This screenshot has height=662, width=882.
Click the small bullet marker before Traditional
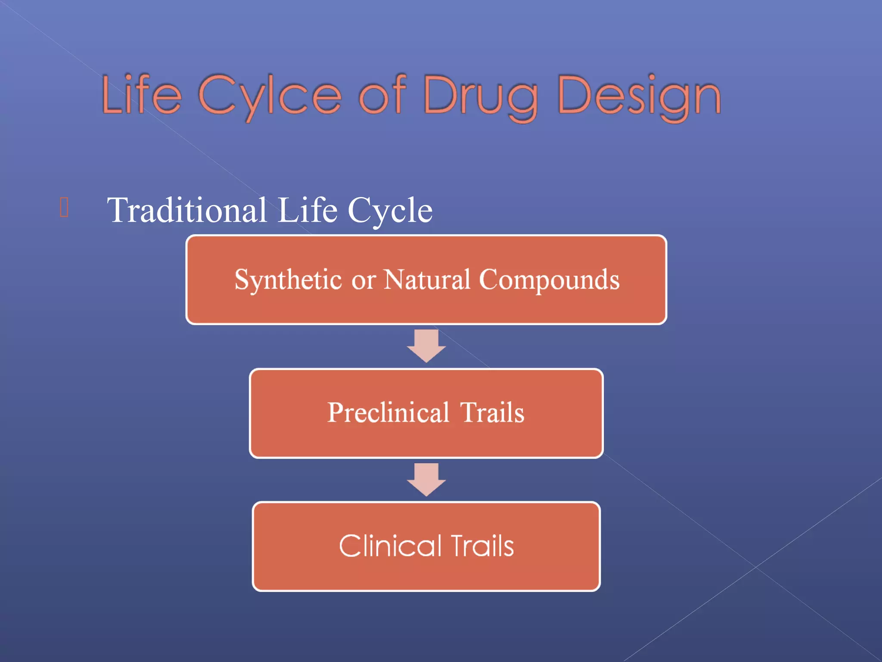[x=64, y=207]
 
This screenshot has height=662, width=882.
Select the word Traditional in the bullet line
[x=187, y=210]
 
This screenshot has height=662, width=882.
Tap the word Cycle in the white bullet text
[x=390, y=210]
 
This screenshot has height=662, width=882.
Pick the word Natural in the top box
[x=427, y=280]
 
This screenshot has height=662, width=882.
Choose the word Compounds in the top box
[x=549, y=280]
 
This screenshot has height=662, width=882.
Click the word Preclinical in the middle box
[x=388, y=412]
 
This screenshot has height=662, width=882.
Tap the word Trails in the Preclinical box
[x=492, y=412]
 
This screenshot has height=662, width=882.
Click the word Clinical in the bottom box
[x=390, y=546]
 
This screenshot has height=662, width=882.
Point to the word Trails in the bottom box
[x=482, y=546]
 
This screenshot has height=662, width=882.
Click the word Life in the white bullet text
[x=307, y=210]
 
